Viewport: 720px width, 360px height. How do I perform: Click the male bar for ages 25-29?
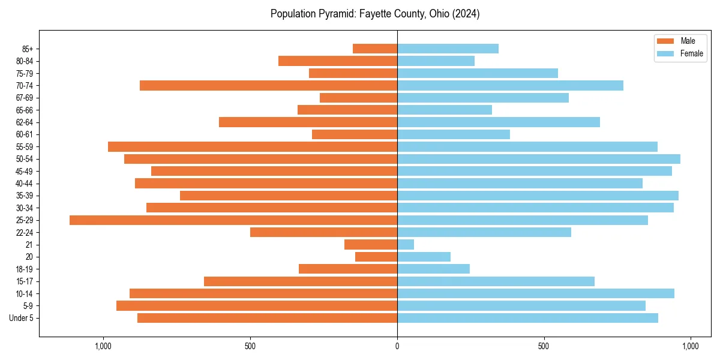pos(233,220)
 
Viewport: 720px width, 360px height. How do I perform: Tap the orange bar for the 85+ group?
pos(375,49)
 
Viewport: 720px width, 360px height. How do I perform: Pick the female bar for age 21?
pos(406,245)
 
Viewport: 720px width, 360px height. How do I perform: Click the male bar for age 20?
pos(376,257)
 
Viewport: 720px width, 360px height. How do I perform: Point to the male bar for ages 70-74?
pos(268,86)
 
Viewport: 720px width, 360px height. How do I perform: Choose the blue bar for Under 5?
pos(527,318)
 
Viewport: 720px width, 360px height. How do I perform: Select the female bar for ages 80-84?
pos(436,61)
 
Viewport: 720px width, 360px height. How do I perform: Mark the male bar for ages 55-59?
pos(253,147)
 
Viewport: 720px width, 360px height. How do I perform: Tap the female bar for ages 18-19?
pos(433,269)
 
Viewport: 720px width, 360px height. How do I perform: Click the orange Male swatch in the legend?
pos(666,41)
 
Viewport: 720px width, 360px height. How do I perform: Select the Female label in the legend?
pos(692,53)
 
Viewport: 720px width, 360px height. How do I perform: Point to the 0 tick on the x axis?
pos(397,346)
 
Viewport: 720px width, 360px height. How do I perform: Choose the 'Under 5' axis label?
pos(22,318)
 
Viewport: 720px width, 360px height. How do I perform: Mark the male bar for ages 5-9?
pos(257,306)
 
